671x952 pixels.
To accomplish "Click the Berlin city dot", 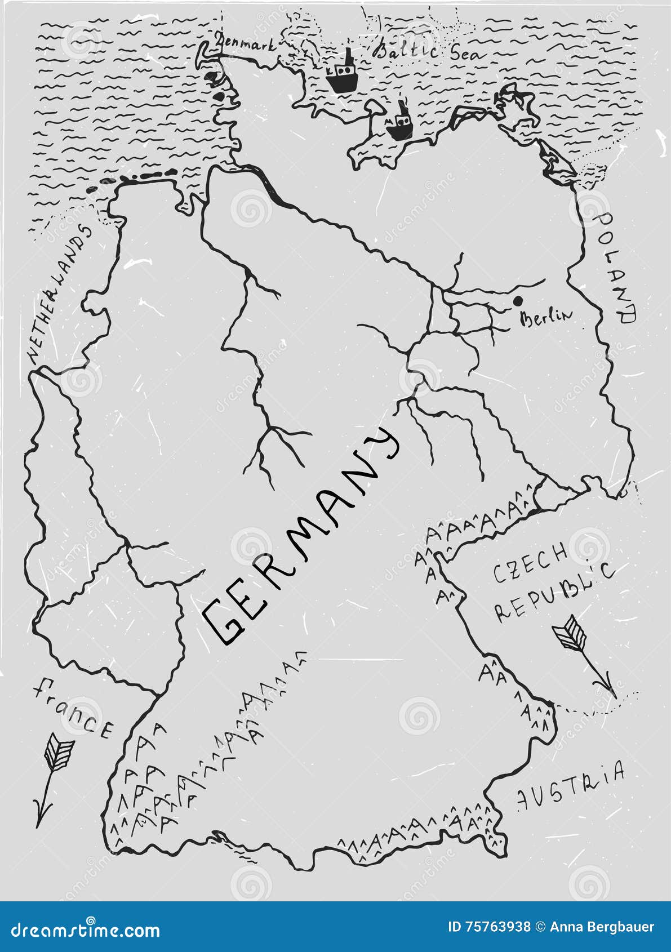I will point(517,301).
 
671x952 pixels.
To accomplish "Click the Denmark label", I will point(246,46).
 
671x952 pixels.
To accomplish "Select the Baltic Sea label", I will point(429,51).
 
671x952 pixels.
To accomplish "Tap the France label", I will point(73,708).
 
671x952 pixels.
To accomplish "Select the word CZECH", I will point(530,564).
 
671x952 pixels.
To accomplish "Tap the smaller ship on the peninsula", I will point(399,124).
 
